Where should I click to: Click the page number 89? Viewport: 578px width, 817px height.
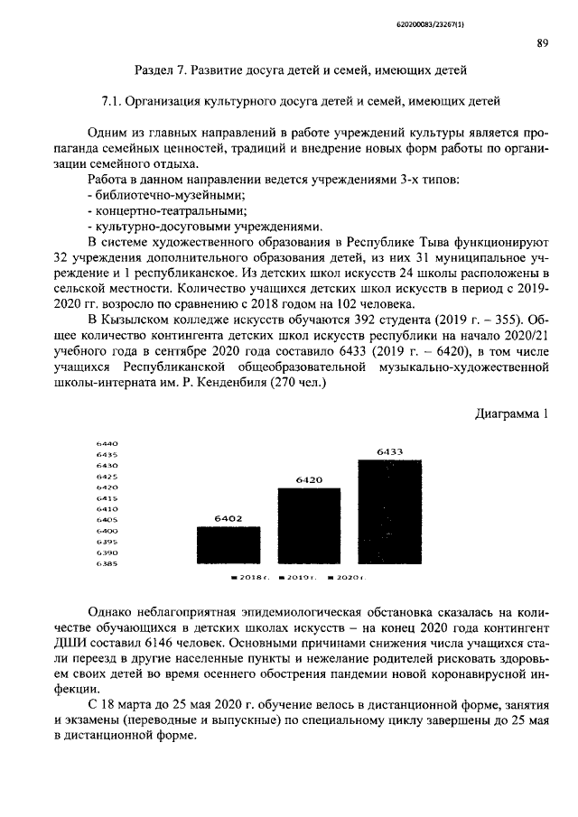(x=543, y=42)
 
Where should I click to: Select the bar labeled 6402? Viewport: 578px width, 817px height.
(x=228, y=544)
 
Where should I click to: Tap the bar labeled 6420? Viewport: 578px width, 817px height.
(x=309, y=525)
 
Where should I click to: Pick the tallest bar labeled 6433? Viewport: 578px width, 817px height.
(x=389, y=511)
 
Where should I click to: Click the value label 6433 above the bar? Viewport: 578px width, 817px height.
(x=389, y=451)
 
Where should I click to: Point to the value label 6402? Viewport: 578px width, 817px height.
(x=228, y=519)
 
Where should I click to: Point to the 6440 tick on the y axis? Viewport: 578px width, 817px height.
(x=107, y=443)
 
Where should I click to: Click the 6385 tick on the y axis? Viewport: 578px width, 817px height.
(x=107, y=563)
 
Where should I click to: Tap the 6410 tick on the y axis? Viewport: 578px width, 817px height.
(x=107, y=509)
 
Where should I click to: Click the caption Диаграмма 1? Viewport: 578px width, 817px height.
(x=511, y=413)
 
